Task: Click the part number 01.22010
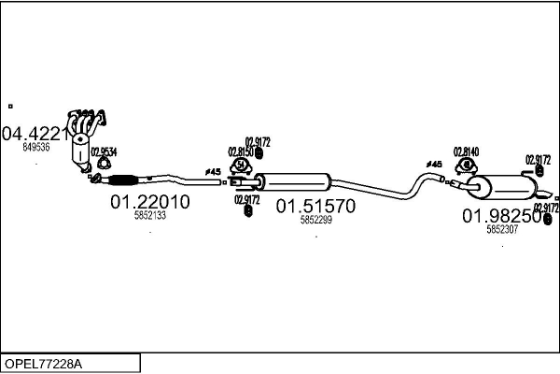coord(149,201)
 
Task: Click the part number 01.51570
coord(315,207)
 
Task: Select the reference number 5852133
coord(149,215)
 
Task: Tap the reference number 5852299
coord(315,221)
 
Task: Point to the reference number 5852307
coord(501,229)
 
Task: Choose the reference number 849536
coord(36,147)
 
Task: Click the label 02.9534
coord(104,152)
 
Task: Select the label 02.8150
coord(240,151)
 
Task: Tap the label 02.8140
coord(466,151)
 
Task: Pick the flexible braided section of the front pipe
coord(121,180)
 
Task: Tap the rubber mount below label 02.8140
coord(464,167)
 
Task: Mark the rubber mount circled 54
coord(239,166)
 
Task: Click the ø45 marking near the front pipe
coord(212,172)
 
